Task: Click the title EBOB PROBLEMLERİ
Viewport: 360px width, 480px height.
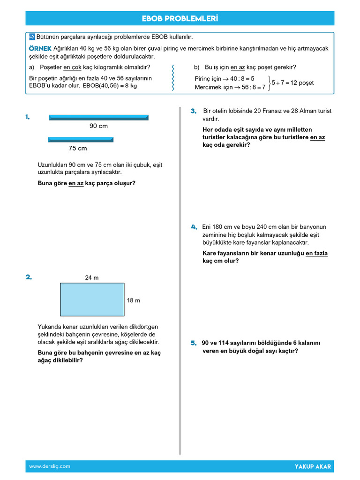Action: coord(180,19)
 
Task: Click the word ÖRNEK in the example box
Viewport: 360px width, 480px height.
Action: coord(40,49)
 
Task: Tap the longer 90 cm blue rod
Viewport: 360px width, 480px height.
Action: coord(98,117)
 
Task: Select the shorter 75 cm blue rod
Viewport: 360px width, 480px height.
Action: coord(81,139)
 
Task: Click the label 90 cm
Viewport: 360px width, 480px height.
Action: coord(98,126)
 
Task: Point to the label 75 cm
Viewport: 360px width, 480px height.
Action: coord(78,148)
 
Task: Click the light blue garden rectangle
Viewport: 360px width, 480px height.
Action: coord(92,299)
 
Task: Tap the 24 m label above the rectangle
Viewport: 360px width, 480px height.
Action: coord(92,277)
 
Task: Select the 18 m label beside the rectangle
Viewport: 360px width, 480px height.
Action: coord(134,300)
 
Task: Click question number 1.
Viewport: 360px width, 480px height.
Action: coord(28,117)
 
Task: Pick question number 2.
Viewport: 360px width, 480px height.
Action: coord(29,277)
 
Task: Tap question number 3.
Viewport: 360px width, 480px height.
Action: coord(193,111)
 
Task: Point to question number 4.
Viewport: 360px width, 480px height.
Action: coord(194,227)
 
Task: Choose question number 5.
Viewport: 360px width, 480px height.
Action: coord(193,343)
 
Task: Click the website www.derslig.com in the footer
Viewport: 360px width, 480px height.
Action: coord(50,466)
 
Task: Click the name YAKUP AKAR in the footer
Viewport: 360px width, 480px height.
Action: coord(313,466)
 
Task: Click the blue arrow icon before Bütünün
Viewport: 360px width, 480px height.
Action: coord(32,37)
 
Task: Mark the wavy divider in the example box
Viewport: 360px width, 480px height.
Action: coord(174,78)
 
